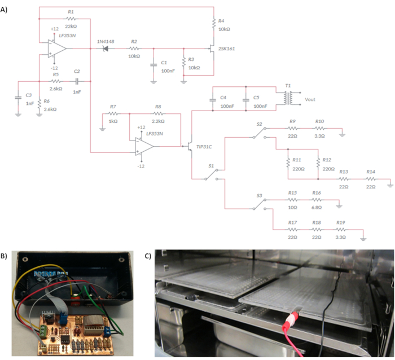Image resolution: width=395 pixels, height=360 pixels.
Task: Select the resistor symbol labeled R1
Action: coord(71,19)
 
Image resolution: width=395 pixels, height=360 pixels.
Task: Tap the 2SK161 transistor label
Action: coord(226,49)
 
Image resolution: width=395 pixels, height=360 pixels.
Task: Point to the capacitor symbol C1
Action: coord(153,65)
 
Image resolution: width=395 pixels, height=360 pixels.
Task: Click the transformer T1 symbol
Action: coord(288,98)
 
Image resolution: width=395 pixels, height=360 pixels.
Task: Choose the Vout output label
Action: coord(310,99)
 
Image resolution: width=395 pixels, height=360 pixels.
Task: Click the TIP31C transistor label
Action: coord(204,147)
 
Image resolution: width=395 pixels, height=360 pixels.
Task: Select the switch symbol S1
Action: coord(212,174)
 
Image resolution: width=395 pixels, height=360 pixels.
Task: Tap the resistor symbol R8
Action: coord(158,113)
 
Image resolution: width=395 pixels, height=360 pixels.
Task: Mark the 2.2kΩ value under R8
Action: coord(158,121)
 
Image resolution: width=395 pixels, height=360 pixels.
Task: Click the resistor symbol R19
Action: coord(341,230)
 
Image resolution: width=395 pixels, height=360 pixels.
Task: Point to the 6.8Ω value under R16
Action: coord(317,208)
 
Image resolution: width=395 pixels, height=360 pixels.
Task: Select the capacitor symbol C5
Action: coord(246,100)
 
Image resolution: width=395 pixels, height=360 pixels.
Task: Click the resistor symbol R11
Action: coord(288,163)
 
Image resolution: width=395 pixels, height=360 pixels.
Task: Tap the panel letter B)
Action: coord(4,256)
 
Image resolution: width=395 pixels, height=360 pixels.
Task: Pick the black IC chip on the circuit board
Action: coord(65,339)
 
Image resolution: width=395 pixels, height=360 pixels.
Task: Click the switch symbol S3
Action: coord(260,204)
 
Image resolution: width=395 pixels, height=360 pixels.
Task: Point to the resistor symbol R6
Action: coord(39,104)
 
